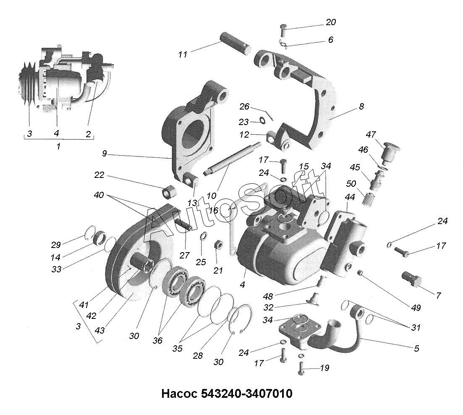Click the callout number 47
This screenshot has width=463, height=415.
pos(370,135)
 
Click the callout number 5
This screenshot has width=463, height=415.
pos(416,348)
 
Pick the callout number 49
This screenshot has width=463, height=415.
pos(416,308)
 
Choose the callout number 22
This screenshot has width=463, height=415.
pos(99,175)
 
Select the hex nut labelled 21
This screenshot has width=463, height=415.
pos(218,245)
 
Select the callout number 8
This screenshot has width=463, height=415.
pos(361,107)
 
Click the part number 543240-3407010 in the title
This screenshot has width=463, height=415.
pos(247,394)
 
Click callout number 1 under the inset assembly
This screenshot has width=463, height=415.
pos(58,146)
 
